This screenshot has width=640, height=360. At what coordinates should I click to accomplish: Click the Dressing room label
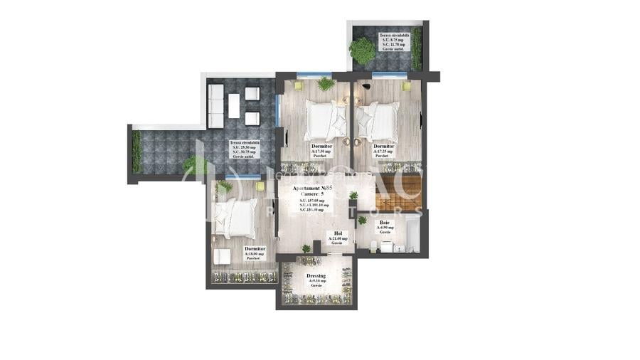coord(316,275)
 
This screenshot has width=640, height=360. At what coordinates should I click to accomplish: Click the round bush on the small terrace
coord(363,51)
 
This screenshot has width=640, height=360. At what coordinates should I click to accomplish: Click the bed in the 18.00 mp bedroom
coord(238,217)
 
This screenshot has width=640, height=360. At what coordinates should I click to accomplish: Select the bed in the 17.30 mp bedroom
coord(326,119)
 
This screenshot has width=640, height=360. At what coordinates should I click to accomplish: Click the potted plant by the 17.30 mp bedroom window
coord(326,84)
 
